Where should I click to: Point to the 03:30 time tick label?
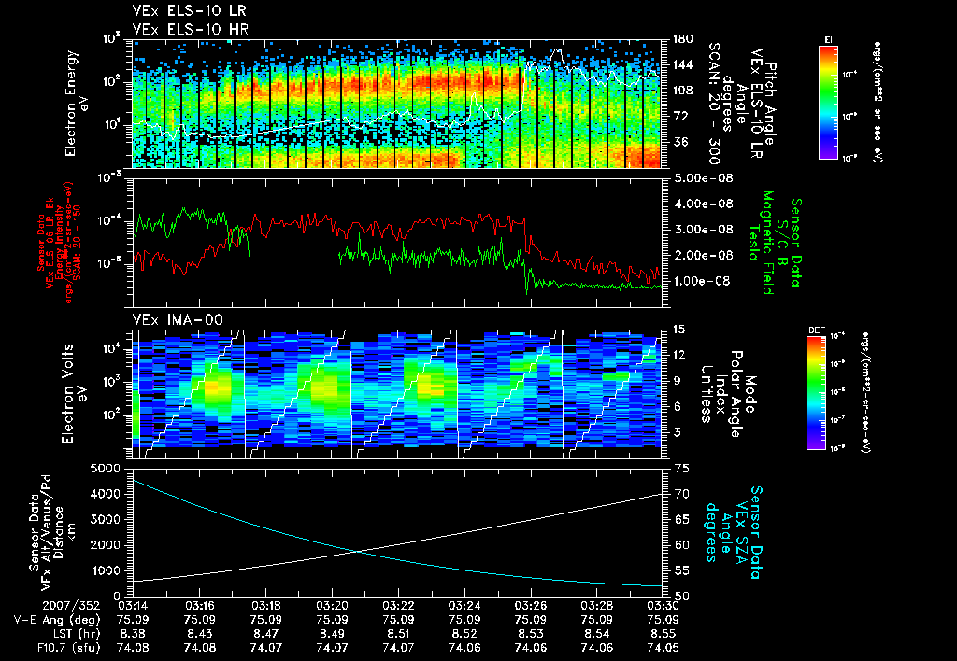pos(663,605)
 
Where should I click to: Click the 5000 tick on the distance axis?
pos(107,467)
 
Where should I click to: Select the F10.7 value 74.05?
pos(663,646)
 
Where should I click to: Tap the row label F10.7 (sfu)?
pos(63,646)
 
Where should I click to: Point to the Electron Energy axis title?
pos(77,104)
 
